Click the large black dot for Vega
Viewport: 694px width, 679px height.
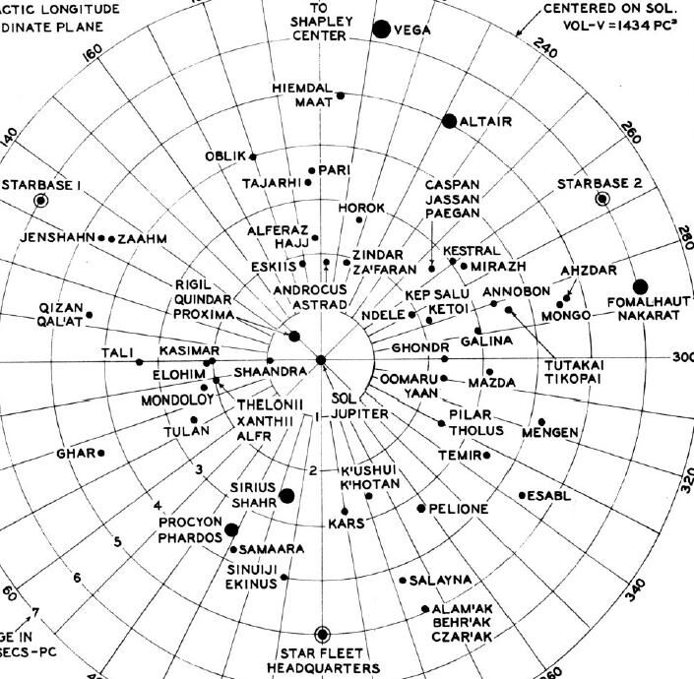click(381, 30)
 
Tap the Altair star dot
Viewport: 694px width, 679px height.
click(449, 121)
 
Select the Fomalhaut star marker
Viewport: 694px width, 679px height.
click(640, 286)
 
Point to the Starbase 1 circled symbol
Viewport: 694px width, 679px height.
click(40, 201)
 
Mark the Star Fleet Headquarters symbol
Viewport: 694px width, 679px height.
click(322, 635)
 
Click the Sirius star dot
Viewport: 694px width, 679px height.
click(286, 495)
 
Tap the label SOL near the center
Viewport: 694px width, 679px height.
click(342, 400)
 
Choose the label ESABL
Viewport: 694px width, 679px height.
click(550, 495)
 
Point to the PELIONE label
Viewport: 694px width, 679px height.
click(459, 509)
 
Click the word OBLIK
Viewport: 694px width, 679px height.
click(223, 156)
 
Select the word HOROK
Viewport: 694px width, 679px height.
click(360, 209)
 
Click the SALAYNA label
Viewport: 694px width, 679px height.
click(440, 580)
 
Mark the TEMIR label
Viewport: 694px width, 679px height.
click(459, 456)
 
